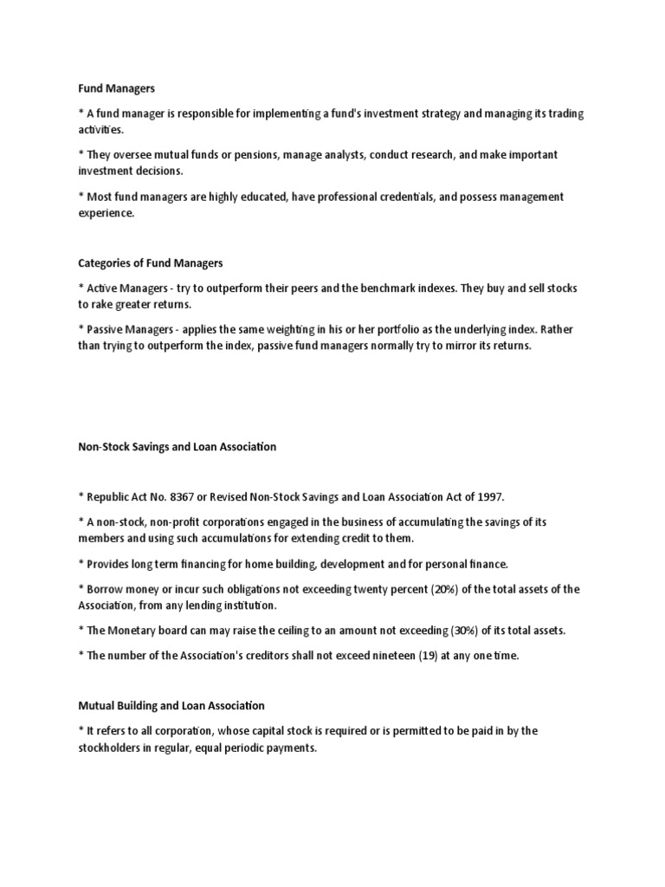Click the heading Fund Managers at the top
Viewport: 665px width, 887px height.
116,87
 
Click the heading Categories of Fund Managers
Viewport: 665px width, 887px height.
151,262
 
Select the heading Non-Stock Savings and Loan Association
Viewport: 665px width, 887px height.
177,447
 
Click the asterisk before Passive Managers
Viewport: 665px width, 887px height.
81,330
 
